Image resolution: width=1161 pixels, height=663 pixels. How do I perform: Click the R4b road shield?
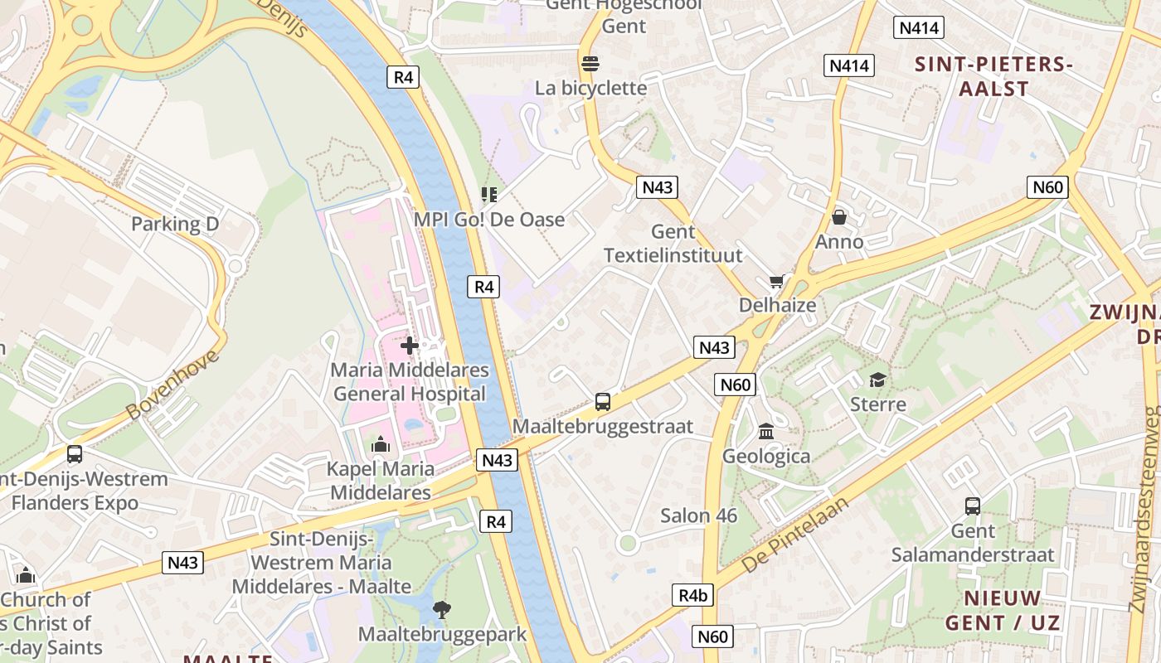692,595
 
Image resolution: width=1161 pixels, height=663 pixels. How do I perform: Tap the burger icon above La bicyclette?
590,64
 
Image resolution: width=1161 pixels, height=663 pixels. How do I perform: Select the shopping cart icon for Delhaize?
777,282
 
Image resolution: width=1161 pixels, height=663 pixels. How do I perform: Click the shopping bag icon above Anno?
839,218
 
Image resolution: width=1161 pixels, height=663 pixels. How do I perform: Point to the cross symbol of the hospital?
410,346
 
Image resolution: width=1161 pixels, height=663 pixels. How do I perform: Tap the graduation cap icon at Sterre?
877,380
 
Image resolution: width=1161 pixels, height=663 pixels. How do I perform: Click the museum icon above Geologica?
766,433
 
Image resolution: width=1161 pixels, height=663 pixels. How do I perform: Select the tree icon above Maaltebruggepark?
442,610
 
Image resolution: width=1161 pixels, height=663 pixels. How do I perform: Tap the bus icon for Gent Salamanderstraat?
973,506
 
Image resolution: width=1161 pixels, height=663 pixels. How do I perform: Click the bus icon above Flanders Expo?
75,454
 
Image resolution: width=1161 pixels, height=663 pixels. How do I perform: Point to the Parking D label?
175,224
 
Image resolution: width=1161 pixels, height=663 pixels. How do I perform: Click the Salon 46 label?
698,515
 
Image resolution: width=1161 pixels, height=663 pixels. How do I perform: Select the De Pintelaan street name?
796,535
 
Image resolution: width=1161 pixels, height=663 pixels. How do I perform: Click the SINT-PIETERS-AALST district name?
993,76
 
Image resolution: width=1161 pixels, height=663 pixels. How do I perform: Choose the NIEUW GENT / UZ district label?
1003,610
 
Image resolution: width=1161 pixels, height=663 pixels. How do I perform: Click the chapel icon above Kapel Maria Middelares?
381,445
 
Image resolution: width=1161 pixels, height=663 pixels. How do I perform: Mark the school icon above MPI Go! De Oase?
489,195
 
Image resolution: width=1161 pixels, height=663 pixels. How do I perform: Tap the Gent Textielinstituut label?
673,244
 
